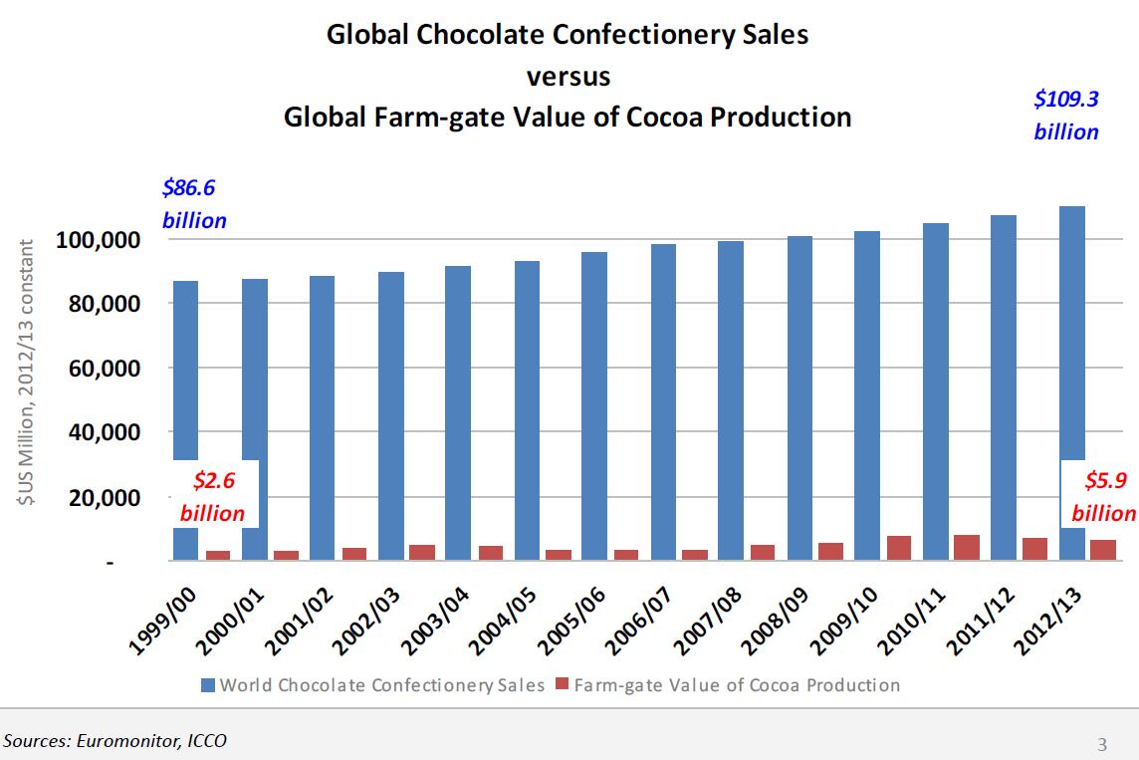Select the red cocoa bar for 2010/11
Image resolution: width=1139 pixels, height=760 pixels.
[x=966, y=547]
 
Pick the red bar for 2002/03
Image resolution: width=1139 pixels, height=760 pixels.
[x=422, y=552]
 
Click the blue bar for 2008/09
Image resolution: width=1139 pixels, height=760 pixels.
[x=797, y=398]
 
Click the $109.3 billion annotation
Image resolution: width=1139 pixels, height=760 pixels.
[x=1066, y=116]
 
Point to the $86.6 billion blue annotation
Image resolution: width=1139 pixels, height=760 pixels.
[x=195, y=204]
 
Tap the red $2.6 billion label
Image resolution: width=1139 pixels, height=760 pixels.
[x=212, y=496]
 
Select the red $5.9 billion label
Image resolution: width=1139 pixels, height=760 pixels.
[x=1104, y=496]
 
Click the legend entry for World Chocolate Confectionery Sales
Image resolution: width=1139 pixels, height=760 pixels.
[x=372, y=685]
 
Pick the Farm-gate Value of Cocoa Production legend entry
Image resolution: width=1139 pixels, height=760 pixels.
[x=726, y=685]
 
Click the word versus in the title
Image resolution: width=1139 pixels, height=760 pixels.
[x=568, y=76]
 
